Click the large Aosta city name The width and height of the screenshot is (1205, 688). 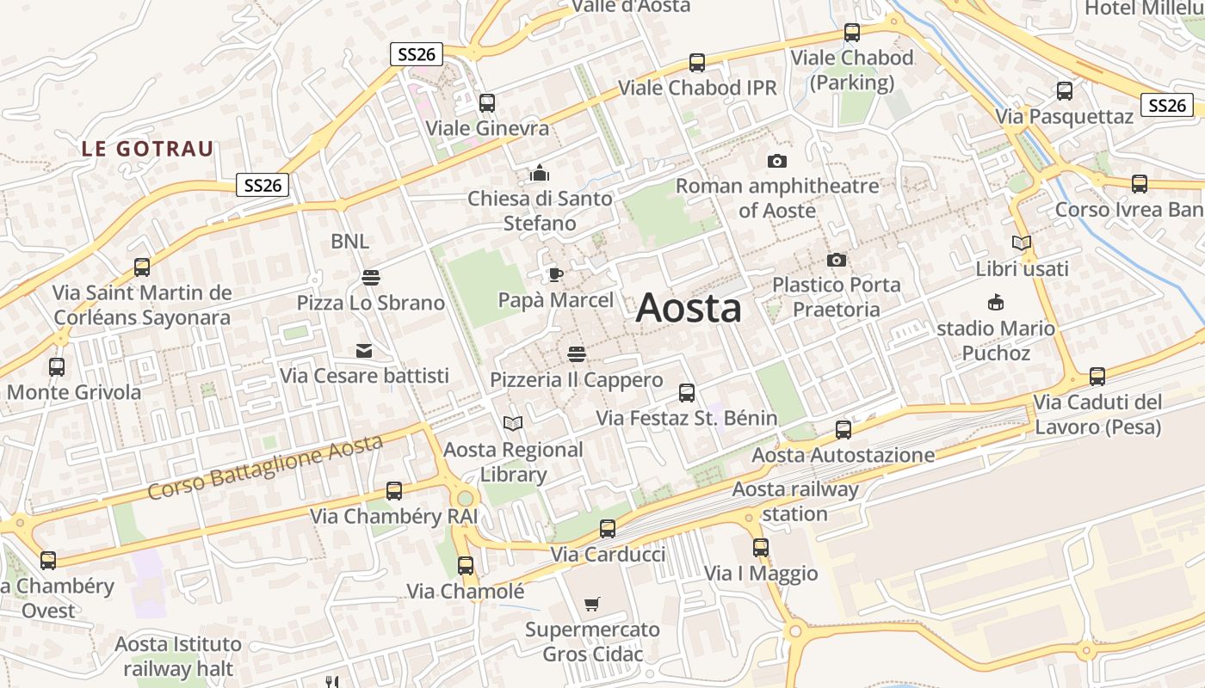coord(689,309)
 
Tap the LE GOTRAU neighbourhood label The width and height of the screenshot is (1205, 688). coord(147,148)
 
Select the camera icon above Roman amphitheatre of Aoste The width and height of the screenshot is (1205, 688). coord(776,161)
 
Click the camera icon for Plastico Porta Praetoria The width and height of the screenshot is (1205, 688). coord(836,260)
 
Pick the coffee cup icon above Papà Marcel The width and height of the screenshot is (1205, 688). coord(556,275)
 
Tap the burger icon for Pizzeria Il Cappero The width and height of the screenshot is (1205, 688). coord(577,354)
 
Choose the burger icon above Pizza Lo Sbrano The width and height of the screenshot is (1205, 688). coord(371,277)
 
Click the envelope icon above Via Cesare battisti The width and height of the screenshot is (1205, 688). coord(364,351)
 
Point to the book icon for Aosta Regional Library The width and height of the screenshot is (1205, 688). coord(513,423)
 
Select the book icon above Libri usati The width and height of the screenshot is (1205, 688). coord(1022,243)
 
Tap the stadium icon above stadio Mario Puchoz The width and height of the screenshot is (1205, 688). coord(996,303)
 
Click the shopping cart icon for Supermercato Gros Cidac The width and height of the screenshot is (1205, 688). coord(591,604)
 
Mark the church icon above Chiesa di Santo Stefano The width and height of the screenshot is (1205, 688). coord(540,173)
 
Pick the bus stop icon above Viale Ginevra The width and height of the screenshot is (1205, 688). coord(487,103)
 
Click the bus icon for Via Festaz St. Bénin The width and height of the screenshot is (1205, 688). coord(687,393)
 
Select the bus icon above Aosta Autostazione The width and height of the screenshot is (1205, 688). coord(843,429)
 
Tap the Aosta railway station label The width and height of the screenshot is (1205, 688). coord(795,501)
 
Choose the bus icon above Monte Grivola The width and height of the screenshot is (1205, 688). coord(57,367)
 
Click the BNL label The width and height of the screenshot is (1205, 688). coord(349,242)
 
